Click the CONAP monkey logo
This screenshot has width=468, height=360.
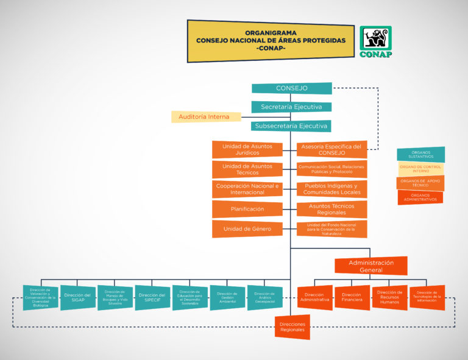point(375,41)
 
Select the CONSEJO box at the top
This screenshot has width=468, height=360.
point(291,88)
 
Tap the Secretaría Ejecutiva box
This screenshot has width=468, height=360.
point(291,107)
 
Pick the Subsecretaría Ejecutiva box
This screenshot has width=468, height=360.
point(291,127)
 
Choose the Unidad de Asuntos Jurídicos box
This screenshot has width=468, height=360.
point(247,149)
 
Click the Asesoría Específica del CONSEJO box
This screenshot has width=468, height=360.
point(332,149)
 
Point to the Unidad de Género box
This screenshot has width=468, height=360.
point(247,229)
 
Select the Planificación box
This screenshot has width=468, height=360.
point(247,209)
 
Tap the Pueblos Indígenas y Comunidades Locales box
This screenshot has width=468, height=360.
point(332,189)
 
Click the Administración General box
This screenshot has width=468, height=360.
point(370,266)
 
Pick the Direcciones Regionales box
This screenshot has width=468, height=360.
point(292,328)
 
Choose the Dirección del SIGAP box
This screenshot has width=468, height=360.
point(78,297)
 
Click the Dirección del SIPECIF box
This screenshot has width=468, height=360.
point(152,297)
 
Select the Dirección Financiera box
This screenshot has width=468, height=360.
point(352,297)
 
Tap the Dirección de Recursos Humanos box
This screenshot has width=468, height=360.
point(389,297)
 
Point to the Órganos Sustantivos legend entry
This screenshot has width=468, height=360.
point(420,155)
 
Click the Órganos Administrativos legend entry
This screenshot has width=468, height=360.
point(420,198)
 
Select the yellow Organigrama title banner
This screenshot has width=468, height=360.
point(271,41)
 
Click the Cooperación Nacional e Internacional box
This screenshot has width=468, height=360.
point(247,189)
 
